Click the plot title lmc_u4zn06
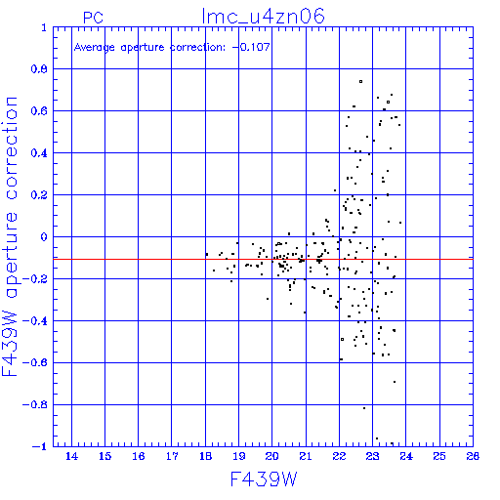click(x=263, y=17)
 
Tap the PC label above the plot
click(x=93, y=18)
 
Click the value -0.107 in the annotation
click(x=251, y=47)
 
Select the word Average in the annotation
click(x=95, y=48)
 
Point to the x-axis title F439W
click(x=264, y=479)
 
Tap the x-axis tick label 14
click(x=71, y=456)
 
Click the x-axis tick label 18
click(x=205, y=456)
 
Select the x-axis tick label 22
click(x=339, y=456)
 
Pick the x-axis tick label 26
click(x=473, y=456)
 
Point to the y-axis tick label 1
click(x=44, y=27)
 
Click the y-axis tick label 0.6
click(x=39, y=111)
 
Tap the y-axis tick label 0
click(x=44, y=236)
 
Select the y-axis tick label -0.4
click(x=35, y=321)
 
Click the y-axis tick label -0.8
click(x=35, y=404)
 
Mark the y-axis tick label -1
click(x=39, y=446)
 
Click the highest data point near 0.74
click(x=360, y=81)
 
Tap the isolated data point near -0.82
click(x=364, y=408)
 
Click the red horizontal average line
click(x=263, y=260)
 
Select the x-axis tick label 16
click(x=139, y=456)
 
